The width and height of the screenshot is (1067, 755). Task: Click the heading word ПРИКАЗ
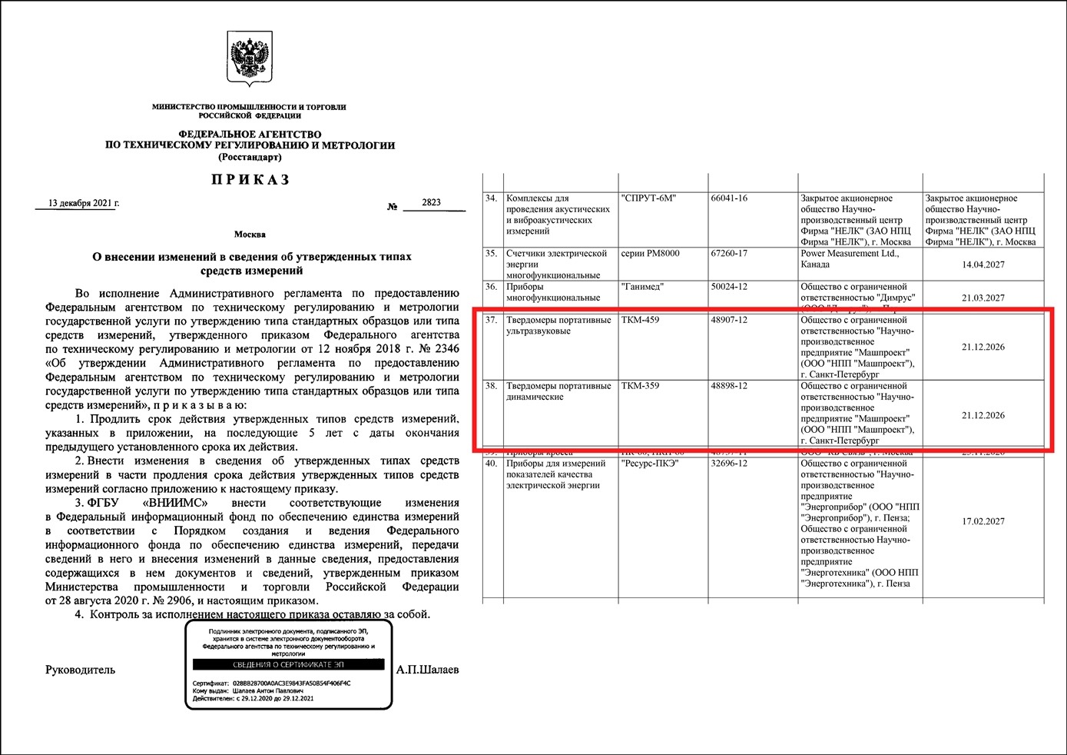click(x=250, y=180)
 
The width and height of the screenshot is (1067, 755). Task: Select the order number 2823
click(x=431, y=202)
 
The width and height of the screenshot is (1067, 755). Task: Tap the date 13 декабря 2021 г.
click(x=84, y=204)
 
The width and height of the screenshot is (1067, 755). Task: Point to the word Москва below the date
click(x=250, y=234)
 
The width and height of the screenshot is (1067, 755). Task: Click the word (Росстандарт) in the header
click(x=250, y=157)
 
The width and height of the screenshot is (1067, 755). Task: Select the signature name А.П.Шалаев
click(x=427, y=670)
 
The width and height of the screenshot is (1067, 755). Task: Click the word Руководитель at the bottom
click(x=80, y=670)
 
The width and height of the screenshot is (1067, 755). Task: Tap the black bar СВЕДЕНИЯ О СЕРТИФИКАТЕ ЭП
click(x=288, y=664)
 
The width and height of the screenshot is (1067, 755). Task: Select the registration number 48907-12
click(x=729, y=320)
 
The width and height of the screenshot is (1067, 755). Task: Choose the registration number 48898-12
click(x=729, y=386)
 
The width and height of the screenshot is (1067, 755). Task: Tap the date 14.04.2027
click(x=983, y=264)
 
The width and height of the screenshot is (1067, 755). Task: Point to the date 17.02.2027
click(x=983, y=521)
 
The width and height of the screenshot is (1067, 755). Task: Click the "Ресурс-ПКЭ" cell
click(x=650, y=464)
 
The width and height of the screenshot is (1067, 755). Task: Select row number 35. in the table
click(x=491, y=253)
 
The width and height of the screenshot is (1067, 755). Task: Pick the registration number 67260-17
click(x=729, y=253)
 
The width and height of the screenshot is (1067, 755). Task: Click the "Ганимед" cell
click(x=642, y=287)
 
